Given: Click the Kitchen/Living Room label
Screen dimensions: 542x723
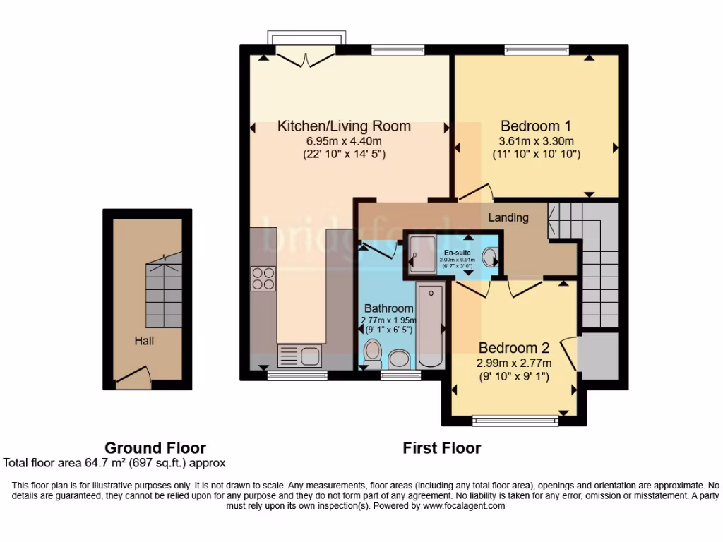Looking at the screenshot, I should coord(344,126).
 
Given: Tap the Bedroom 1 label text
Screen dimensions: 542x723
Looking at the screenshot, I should coord(536,126).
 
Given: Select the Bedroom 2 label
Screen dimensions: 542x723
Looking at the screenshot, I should coord(513,348).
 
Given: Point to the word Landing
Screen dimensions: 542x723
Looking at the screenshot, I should coord(508,217).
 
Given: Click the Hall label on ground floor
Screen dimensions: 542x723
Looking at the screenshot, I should coord(145,341).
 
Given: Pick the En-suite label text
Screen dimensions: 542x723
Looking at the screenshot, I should coord(457,252).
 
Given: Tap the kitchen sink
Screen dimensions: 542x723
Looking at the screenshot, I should coord(300,355).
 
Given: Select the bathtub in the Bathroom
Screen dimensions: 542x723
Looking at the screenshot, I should coord(429,325).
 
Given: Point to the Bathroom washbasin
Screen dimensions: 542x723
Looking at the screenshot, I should coord(400,359).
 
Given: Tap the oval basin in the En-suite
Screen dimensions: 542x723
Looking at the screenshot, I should coord(489,255).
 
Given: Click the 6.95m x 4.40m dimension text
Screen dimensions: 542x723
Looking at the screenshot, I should coord(344,140).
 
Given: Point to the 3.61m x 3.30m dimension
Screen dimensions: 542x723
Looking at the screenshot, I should coord(536,140).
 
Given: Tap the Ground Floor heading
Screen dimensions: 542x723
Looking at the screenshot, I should coord(155,447).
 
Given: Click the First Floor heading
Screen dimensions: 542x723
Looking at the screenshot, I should coord(442,447).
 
